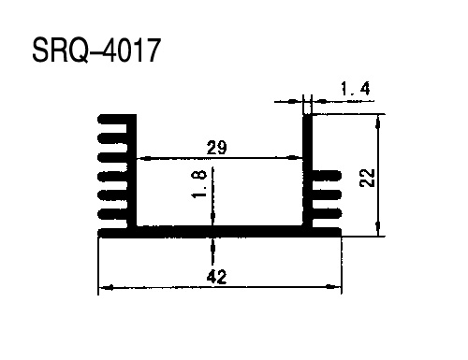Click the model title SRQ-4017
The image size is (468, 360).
(x=96, y=50)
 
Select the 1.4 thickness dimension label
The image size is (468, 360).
(x=356, y=89)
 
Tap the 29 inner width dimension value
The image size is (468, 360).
(x=216, y=148)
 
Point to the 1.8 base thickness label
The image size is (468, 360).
(x=198, y=184)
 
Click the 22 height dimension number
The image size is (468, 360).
(x=367, y=178)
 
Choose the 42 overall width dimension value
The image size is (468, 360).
(x=216, y=277)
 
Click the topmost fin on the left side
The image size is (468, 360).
(x=113, y=119)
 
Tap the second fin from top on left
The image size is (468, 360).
(x=112, y=137)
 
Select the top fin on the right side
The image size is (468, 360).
(x=327, y=175)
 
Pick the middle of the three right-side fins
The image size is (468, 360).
(x=327, y=194)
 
